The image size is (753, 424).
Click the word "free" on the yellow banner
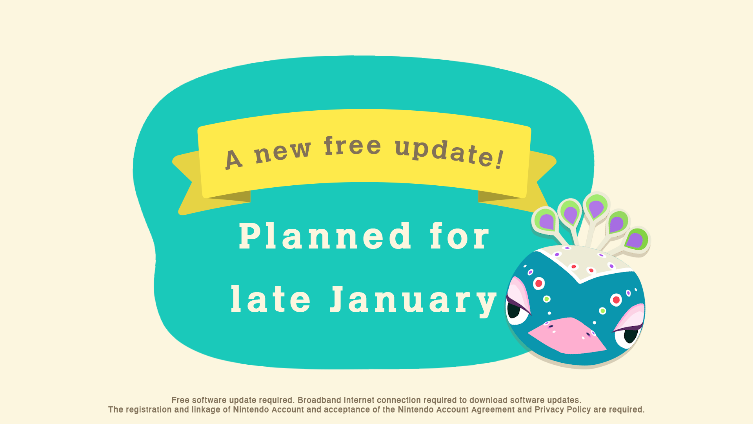[x=353, y=146]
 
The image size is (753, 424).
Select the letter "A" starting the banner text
[x=233, y=159]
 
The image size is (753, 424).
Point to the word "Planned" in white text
[x=325, y=236]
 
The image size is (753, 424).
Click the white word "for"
[x=460, y=236]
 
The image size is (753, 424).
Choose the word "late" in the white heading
[x=271, y=299]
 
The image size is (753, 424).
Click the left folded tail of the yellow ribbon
[x=188, y=183]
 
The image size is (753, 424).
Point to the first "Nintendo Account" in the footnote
[x=268, y=409]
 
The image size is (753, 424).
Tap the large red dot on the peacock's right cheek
[x=616, y=300]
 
